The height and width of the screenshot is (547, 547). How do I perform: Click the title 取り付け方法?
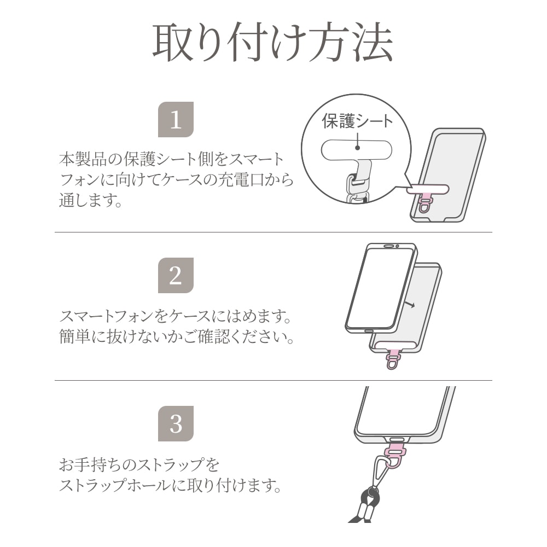(272, 43)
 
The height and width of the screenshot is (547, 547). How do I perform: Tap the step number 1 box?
(176, 119)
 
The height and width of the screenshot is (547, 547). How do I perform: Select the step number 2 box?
(176, 275)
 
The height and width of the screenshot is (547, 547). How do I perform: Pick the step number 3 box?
(176, 423)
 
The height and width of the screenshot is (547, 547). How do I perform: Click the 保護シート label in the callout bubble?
(357, 121)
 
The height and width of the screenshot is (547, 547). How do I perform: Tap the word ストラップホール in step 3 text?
(109, 485)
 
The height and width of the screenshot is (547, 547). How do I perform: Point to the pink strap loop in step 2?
(393, 362)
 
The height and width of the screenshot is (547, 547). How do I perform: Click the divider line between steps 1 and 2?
(273, 232)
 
